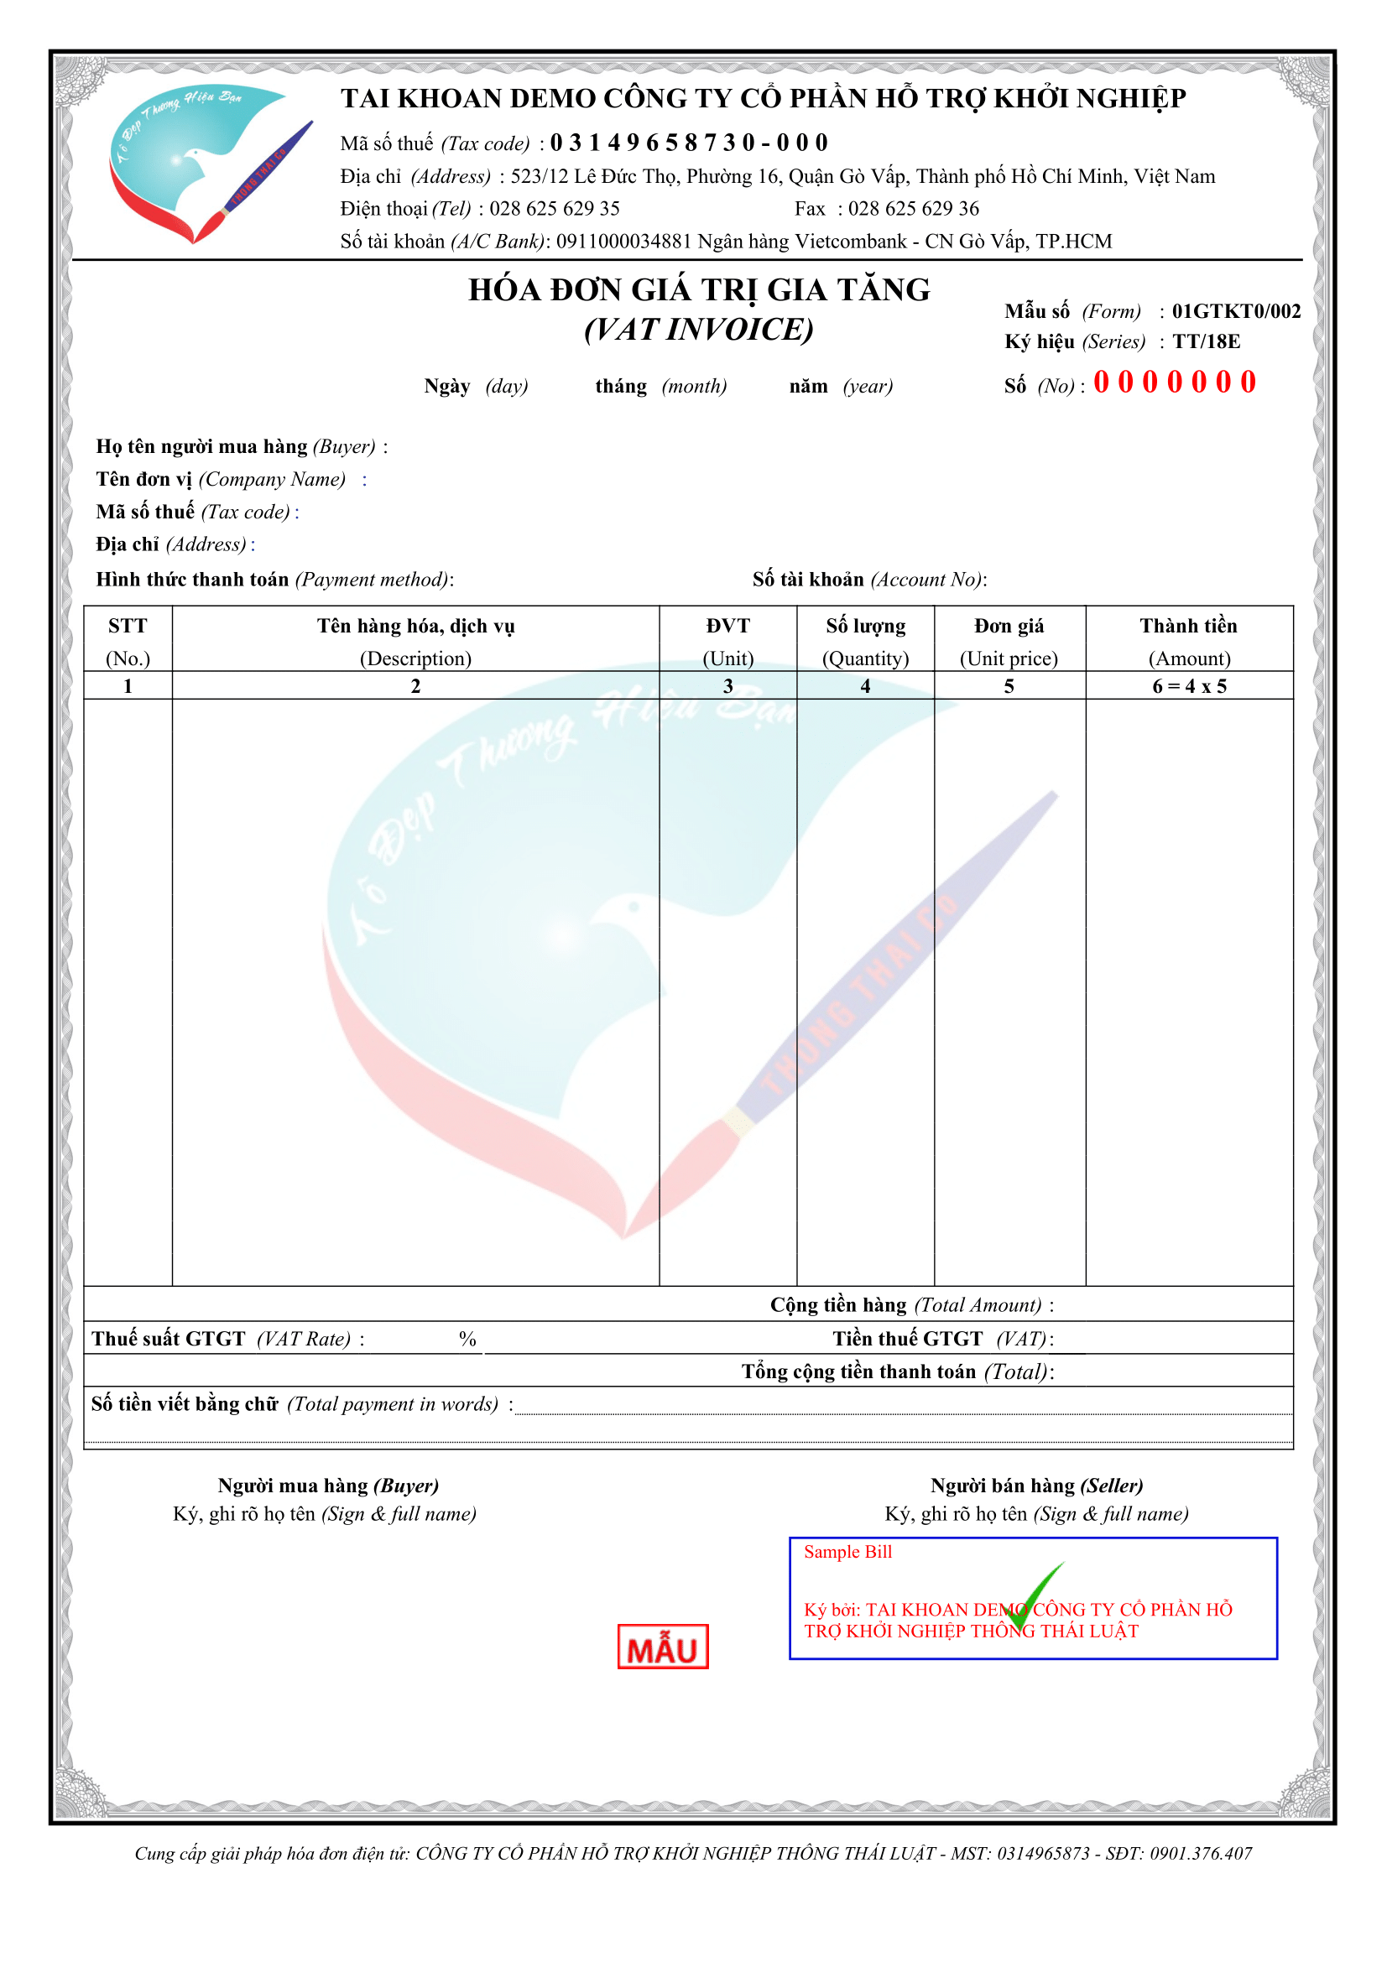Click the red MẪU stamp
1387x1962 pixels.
tap(662, 1646)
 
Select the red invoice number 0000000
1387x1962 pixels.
tap(1174, 382)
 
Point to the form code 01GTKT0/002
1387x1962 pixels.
tap(1236, 311)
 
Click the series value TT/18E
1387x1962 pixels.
tap(1206, 341)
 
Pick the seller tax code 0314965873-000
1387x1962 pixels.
tap(689, 143)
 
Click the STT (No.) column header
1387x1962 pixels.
tap(128, 641)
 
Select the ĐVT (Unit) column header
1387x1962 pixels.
tap(727, 641)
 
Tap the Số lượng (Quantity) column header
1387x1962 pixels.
tap(865, 641)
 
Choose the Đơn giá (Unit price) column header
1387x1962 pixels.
tap(1009, 641)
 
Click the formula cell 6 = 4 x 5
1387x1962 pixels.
tap(1189, 686)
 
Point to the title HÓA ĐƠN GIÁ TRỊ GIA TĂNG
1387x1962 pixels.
tap(698, 290)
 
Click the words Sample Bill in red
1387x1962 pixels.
tap(847, 1552)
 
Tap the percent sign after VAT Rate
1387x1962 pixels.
tap(467, 1339)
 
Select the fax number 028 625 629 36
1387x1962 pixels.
tap(913, 209)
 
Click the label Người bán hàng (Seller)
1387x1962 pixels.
tap(1035, 1486)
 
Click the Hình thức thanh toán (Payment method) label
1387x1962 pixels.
tap(274, 580)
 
